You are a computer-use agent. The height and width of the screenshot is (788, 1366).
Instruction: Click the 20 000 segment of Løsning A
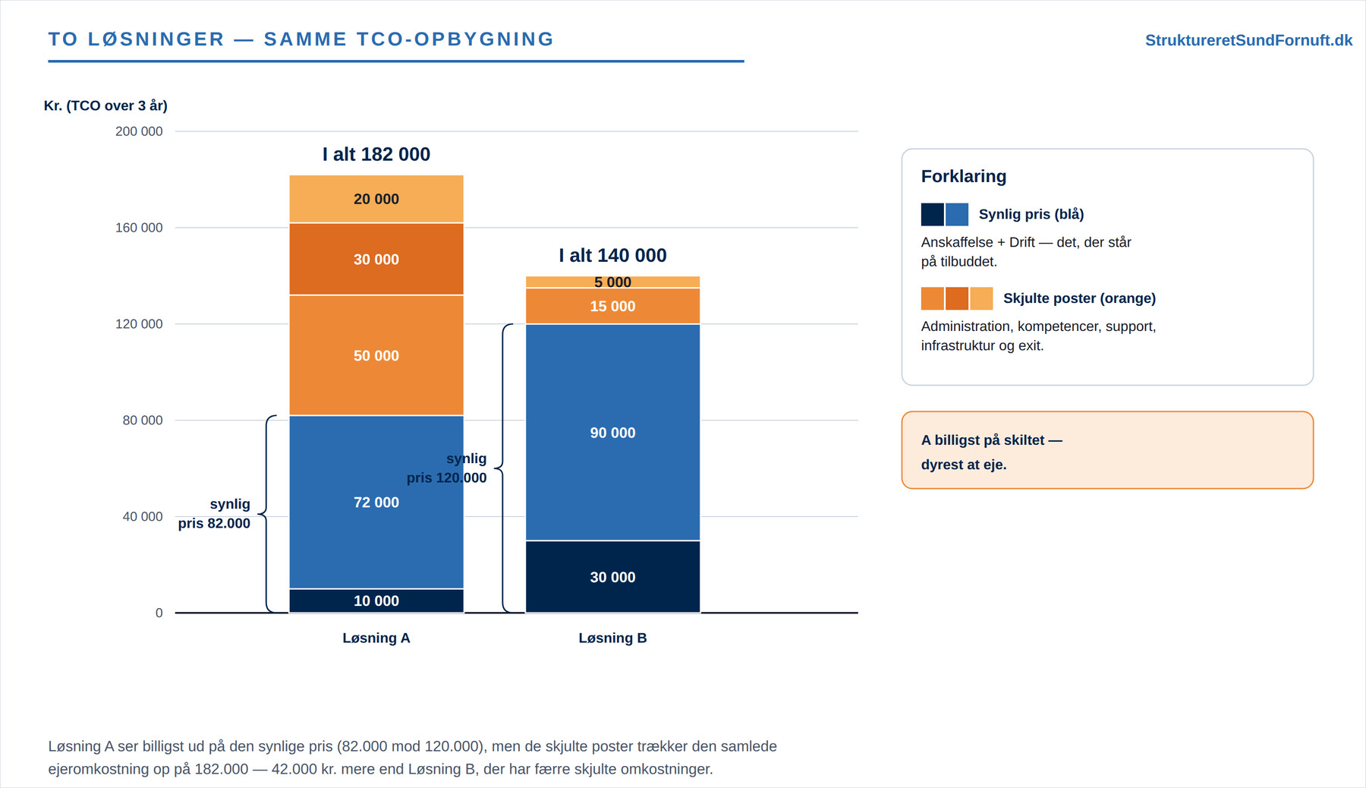376,199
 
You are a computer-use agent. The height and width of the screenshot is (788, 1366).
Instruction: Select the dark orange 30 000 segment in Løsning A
376,259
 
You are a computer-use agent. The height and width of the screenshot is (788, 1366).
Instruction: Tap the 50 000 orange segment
376,355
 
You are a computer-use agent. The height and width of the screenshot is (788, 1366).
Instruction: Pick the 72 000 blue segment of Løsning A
376,502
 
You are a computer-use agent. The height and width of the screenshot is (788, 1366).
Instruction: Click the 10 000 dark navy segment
376,600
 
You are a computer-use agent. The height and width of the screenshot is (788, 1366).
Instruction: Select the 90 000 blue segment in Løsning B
612,433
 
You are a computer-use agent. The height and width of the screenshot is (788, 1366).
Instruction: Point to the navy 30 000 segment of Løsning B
612,577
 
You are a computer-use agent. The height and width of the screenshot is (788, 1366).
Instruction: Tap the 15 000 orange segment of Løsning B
612,306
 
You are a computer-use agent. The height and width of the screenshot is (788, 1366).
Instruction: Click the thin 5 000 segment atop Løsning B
612,282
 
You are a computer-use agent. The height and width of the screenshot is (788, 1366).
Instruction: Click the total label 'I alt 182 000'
376,154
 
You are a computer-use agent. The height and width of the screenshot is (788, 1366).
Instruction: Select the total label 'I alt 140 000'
612,255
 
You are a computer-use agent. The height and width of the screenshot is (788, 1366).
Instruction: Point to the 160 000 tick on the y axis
139,228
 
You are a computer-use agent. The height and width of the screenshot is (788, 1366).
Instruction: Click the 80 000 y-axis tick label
143,420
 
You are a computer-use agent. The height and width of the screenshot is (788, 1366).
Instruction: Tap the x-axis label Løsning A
376,638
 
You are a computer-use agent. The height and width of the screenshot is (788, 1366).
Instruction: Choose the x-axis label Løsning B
612,638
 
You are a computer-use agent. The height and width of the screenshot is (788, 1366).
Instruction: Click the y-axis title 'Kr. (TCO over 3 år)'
105,106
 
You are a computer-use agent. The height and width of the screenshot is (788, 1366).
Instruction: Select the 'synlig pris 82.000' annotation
214,513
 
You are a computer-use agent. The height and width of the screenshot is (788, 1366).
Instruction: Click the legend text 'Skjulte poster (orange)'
1079,298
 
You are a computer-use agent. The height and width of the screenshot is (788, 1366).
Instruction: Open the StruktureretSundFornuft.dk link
1248,40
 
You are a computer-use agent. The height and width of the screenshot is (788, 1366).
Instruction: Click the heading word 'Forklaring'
964,176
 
